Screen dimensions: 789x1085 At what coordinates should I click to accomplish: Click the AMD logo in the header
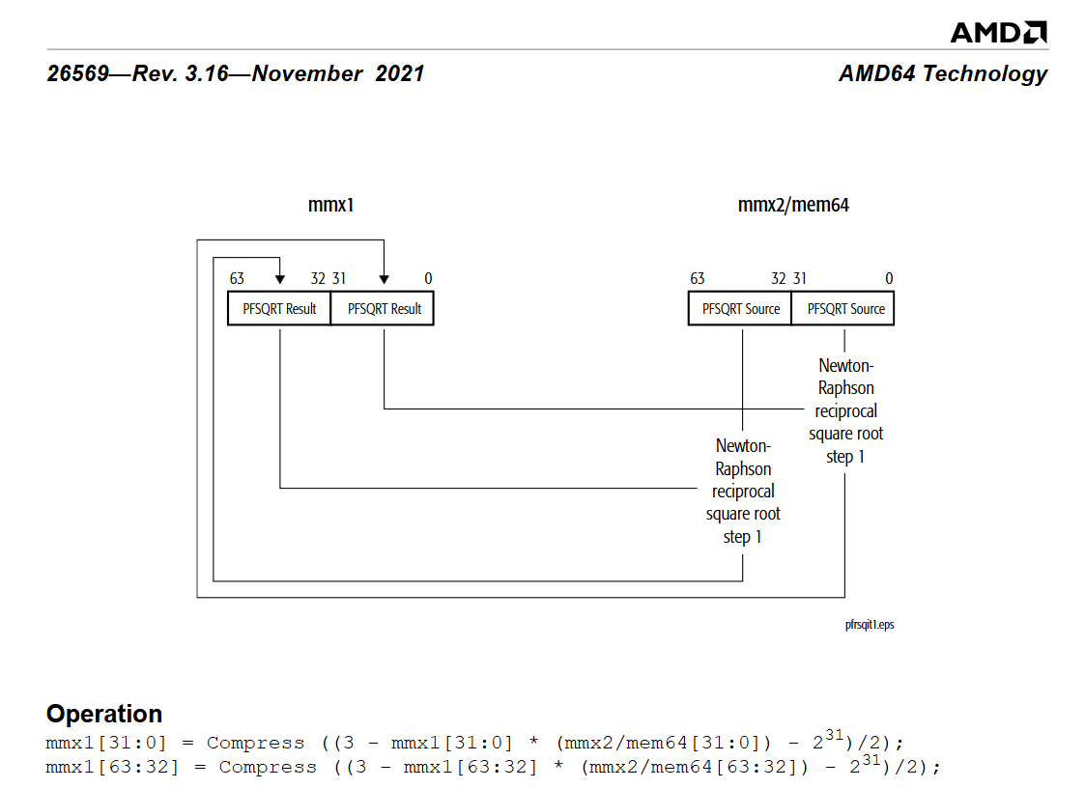[998, 32]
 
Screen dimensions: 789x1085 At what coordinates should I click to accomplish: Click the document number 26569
[77, 74]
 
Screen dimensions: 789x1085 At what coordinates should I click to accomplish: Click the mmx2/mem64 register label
[793, 205]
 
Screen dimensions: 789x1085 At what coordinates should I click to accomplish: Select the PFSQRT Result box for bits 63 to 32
[279, 309]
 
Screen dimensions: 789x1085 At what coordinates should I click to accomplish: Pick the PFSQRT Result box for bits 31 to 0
[384, 309]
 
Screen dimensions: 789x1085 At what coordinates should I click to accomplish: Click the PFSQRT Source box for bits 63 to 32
[740, 309]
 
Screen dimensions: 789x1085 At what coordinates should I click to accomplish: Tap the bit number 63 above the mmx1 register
[237, 279]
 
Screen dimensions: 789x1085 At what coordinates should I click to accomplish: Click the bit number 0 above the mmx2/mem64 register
[889, 279]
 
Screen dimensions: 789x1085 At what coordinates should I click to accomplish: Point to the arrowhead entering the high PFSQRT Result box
[280, 280]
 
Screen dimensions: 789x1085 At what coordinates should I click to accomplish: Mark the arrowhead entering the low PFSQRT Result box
[385, 280]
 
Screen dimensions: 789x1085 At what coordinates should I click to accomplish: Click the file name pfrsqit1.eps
[869, 625]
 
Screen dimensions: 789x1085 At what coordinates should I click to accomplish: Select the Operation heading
[104, 714]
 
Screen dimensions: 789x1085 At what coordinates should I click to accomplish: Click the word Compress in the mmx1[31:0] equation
[255, 743]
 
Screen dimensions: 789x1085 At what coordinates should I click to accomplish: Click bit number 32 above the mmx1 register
[318, 279]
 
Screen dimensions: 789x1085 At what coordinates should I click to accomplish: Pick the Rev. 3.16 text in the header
[178, 74]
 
